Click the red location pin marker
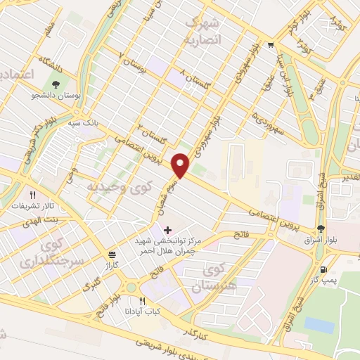coord(181,166)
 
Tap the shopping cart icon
coord(270,46)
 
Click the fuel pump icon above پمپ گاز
coord(322,270)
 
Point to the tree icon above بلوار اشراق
coord(321,229)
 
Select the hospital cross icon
coord(167,230)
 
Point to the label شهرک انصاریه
coord(202,31)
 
